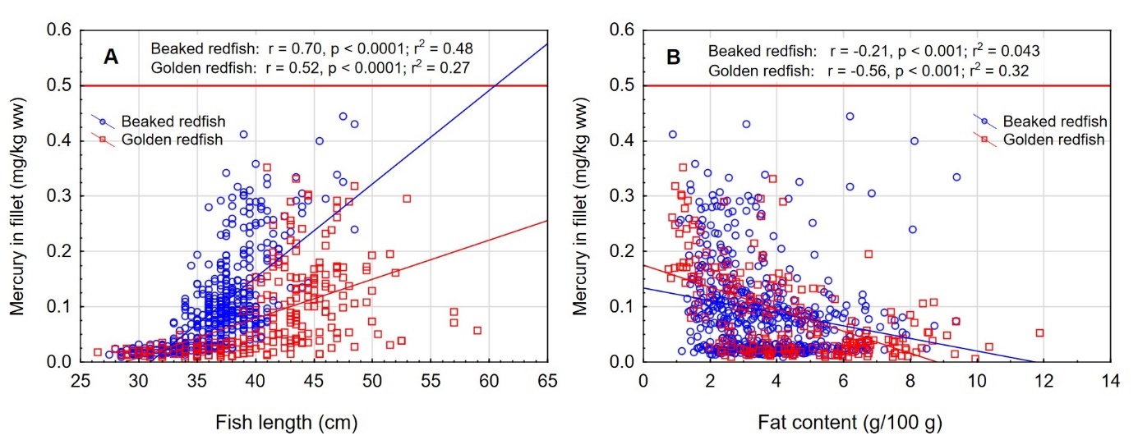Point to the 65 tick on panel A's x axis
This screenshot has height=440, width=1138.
click(x=548, y=381)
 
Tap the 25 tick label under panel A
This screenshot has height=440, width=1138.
click(x=80, y=381)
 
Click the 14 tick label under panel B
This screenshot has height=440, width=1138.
click(x=1110, y=381)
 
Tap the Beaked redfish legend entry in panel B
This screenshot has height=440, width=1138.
click(x=1061, y=122)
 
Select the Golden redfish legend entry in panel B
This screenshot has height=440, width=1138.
click(x=1060, y=140)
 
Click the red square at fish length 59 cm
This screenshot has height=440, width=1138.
click(x=477, y=330)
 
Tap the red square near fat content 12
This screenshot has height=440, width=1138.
click(x=1039, y=332)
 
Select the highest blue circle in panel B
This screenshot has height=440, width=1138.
click(x=850, y=117)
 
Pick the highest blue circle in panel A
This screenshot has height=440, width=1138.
click(x=343, y=117)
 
